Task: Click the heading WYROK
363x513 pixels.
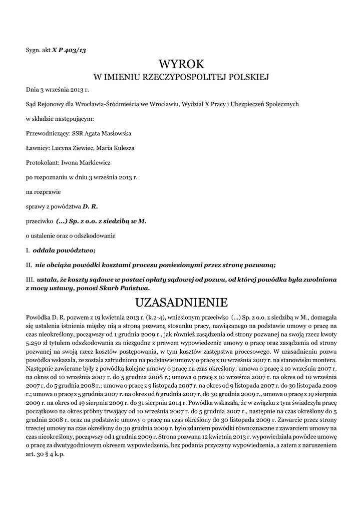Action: click(182, 64)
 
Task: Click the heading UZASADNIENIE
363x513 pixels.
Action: click(182, 302)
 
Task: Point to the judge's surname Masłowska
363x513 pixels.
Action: click(116, 134)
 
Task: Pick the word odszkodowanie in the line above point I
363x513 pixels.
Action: click(94, 235)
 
